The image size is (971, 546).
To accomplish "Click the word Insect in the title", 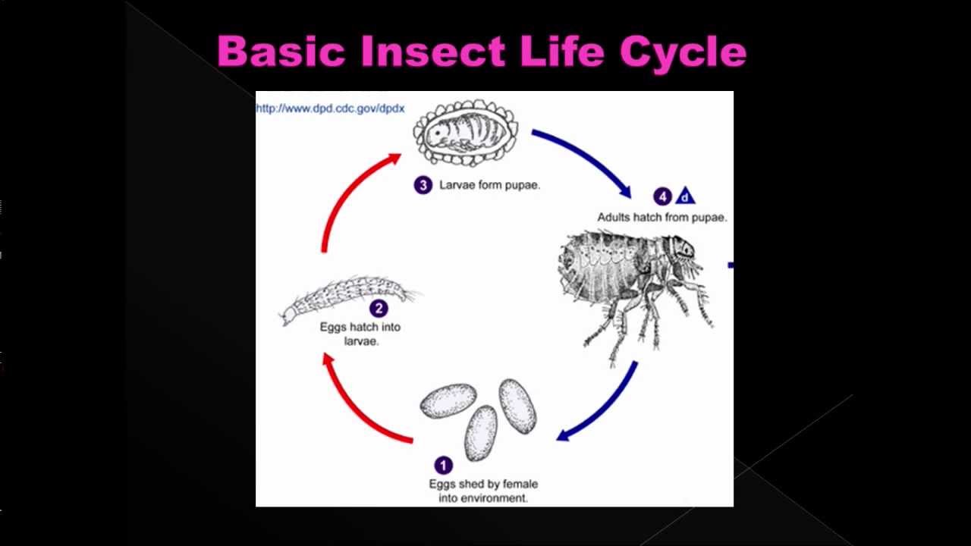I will click(432, 52).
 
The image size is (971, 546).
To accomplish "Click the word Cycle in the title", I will click(683, 52).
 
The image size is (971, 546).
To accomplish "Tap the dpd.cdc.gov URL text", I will click(331, 108).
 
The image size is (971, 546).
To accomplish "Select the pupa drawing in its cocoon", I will click(465, 134).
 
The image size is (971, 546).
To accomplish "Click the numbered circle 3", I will click(423, 185).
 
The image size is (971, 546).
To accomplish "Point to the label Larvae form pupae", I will click(489, 185).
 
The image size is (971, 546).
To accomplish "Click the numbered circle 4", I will click(662, 197).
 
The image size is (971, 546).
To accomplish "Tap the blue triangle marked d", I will click(685, 197).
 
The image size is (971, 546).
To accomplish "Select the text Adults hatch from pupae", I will click(661, 218).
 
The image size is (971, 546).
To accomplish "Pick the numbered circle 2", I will click(379, 309).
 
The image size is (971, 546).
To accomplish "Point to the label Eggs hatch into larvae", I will click(360, 334).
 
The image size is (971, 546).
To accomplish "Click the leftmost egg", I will click(448, 401).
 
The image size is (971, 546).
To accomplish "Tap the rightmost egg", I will click(517, 406).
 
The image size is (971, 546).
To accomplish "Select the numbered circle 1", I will click(443, 465).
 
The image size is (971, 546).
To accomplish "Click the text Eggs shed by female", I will click(483, 484).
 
